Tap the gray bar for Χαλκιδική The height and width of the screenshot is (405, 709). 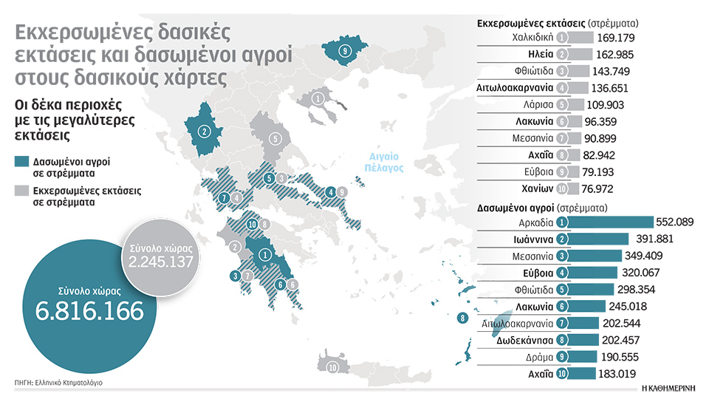[583, 38]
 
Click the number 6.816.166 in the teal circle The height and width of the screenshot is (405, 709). [89, 310]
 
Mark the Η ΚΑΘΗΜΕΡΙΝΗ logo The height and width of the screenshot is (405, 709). [669, 387]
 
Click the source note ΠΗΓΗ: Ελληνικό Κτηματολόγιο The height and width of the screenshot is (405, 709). [58, 382]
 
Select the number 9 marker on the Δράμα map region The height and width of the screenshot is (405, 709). [343, 51]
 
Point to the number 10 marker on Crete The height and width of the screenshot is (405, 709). [332, 367]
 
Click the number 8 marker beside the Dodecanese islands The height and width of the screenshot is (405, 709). [462, 319]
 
